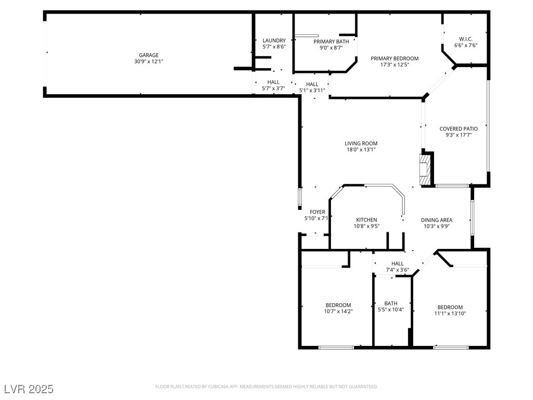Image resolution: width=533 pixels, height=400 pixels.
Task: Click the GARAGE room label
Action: (148, 55)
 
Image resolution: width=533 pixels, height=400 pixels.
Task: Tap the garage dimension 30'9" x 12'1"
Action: (148, 61)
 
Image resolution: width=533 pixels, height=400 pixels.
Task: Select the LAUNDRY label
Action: (274, 41)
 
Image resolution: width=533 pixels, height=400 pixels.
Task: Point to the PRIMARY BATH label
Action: (331, 42)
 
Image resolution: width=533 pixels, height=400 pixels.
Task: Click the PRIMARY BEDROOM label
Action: (395, 58)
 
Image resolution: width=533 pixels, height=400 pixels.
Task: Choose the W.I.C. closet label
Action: (466, 39)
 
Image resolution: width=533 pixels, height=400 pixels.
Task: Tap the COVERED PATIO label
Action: (459, 129)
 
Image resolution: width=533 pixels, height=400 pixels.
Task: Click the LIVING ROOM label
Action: (361, 143)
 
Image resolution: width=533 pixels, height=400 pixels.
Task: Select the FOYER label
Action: (318, 212)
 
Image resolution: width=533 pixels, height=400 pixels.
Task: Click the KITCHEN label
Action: (366, 220)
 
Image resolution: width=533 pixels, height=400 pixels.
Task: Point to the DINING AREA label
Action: (436, 220)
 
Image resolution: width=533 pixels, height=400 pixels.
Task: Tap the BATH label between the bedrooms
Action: (390, 303)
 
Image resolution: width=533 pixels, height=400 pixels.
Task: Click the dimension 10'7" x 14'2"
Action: (338, 311)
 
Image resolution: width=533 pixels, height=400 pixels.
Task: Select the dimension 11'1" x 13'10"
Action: (450, 314)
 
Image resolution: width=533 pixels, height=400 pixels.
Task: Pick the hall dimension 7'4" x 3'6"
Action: (397, 270)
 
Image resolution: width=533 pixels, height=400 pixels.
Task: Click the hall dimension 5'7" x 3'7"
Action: (273, 89)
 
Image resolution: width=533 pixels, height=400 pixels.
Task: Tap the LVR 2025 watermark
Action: (29, 389)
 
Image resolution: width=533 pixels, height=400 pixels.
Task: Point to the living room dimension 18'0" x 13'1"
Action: (361, 149)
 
